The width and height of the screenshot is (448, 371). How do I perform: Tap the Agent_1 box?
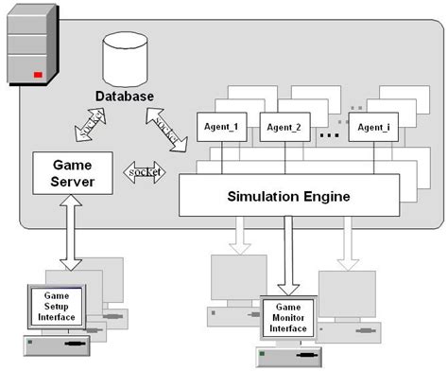point(222,127)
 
